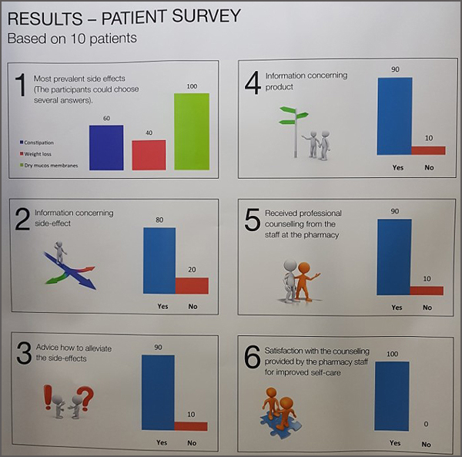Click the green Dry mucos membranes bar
[192, 132]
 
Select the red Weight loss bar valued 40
[149, 155]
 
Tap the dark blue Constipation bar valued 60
[106, 148]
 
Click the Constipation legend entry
[36, 143]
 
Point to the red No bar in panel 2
[192, 285]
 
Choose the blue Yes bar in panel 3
[158, 392]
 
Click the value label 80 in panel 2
[159, 220]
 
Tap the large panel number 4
[253, 83]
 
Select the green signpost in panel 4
[294, 132]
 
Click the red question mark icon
[85, 398]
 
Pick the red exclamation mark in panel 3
[48, 397]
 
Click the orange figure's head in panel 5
[304, 268]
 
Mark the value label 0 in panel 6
[426, 424]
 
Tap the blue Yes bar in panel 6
[392, 396]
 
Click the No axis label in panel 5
[427, 307]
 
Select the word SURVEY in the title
[206, 15]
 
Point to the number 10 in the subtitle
[78, 39]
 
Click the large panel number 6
[253, 357]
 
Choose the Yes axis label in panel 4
[398, 167]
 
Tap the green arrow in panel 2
[56, 278]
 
